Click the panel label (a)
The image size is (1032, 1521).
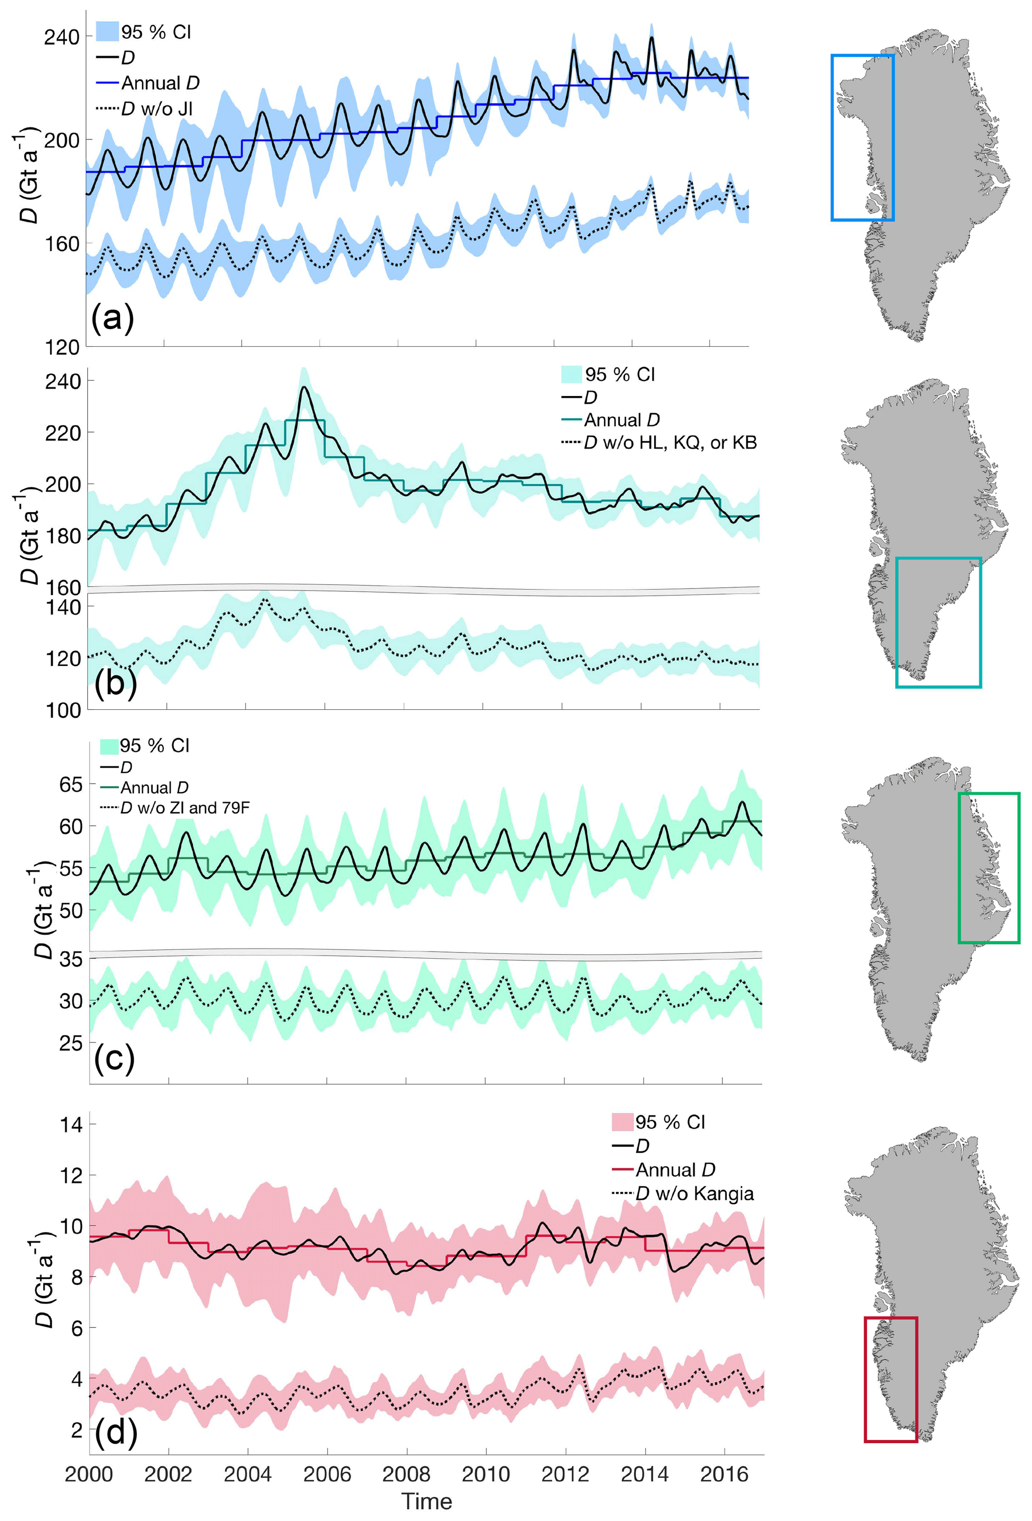(113, 318)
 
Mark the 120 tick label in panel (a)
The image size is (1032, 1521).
(62, 347)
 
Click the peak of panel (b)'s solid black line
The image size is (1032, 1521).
(304, 388)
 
